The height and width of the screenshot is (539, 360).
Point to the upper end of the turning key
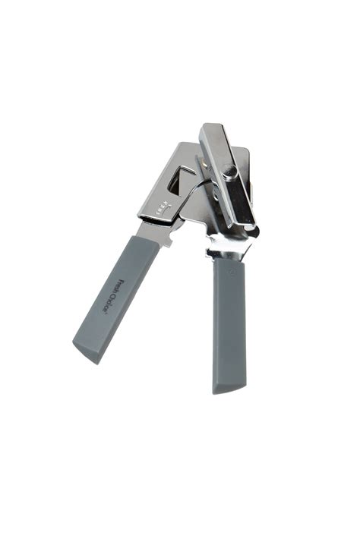point(210,131)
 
